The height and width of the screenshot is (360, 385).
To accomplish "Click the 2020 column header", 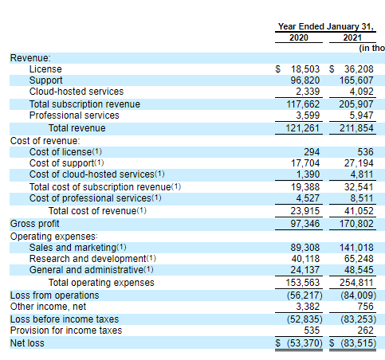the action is click(299, 37).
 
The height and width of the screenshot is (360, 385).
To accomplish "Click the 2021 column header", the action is click(352, 37).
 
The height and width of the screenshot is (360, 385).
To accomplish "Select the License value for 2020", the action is click(305, 69).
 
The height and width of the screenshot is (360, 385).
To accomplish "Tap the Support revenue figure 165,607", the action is click(356, 80).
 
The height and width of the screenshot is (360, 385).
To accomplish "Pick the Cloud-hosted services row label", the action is click(77, 92).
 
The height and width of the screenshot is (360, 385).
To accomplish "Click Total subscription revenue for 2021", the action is click(356, 104).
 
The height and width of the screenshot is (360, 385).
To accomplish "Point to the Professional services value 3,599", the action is click(308, 115).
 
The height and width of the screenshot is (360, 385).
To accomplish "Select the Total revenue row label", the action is click(77, 128).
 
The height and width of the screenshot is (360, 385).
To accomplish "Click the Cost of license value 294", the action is click(312, 152).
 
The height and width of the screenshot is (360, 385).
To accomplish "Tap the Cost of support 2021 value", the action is click(359, 163).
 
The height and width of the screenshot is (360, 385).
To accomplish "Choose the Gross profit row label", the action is click(34, 224).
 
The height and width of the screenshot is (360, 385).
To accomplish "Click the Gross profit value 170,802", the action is click(356, 224).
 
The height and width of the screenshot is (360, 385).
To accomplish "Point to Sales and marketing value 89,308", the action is click(305, 248).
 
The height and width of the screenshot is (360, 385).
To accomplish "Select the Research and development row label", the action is click(88, 259).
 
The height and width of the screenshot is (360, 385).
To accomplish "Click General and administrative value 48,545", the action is click(359, 270).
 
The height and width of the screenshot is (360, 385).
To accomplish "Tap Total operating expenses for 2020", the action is click(303, 283).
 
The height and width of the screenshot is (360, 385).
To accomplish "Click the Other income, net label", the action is click(48, 307).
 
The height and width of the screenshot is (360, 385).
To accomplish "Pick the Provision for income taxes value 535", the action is click(312, 331).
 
